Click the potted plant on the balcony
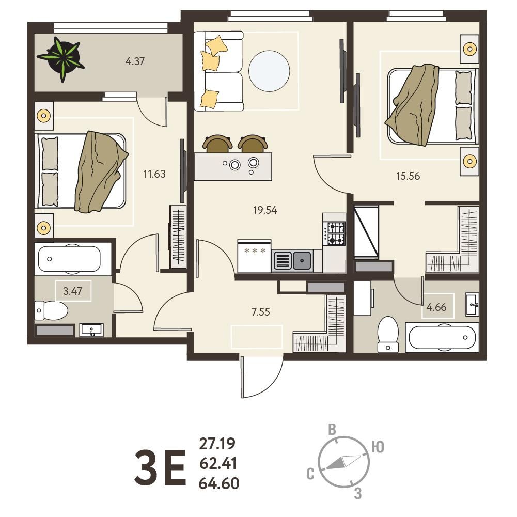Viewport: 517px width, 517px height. pyautogui.click(x=61, y=59)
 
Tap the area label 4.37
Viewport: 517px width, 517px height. pyautogui.click(x=135, y=61)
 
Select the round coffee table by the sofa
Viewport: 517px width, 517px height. pyautogui.click(x=269, y=71)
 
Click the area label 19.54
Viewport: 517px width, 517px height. pyautogui.click(x=265, y=210)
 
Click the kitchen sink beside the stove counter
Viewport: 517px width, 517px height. pyautogui.click(x=292, y=260)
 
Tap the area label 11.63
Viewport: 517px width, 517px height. pyautogui.click(x=154, y=174)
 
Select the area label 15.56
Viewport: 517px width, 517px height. pyautogui.click(x=408, y=176)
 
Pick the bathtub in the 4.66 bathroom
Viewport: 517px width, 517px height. pyautogui.click(x=442, y=337)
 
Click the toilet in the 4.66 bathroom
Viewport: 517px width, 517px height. pyautogui.click(x=388, y=334)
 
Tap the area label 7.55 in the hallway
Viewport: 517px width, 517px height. pyautogui.click(x=260, y=311)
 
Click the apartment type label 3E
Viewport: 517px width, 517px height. pyautogui.click(x=160, y=467)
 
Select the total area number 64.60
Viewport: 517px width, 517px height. pyautogui.click(x=219, y=483)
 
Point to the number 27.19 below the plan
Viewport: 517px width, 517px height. pyautogui.click(x=217, y=444)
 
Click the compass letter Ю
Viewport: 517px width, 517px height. pyautogui.click(x=378, y=447)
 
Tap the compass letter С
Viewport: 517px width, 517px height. pyautogui.click(x=310, y=474)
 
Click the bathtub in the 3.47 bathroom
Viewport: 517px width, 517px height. pyautogui.click(x=69, y=259)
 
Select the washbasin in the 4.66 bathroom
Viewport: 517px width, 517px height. pyautogui.click(x=472, y=304)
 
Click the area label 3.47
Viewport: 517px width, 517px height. pyautogui.click(x=72, y=291)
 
